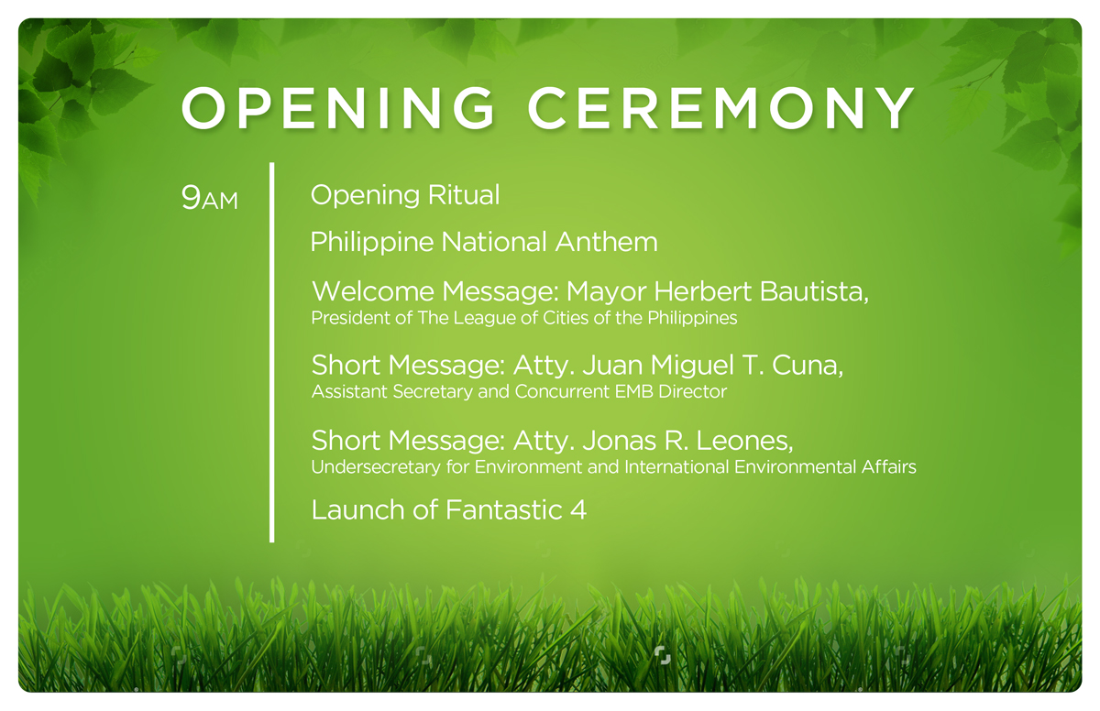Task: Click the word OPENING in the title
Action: [x=338, y=108]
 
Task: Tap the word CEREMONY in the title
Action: [x=720, y=108]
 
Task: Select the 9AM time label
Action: [x=210, y=197]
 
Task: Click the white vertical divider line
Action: [x=272, y=353]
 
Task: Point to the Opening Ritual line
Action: [x=405, y=195]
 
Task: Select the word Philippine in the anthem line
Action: [x=372, y=243]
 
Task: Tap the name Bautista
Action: [x=814, y=291]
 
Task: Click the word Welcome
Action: [x=373, y=291]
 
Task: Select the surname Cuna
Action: [x=808, y=366]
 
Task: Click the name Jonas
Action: [x=620, y=441]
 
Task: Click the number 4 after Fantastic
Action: [x=578, y=510]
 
